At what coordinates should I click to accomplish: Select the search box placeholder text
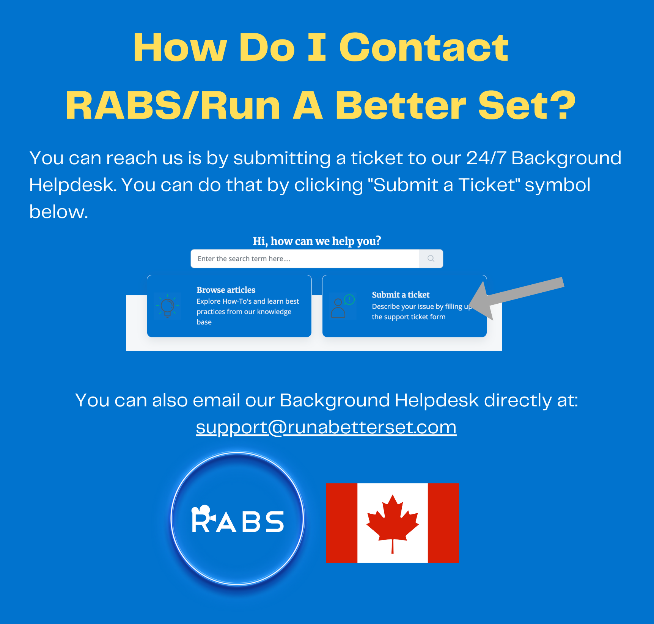[244, 259]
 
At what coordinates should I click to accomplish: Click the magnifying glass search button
[431, 259]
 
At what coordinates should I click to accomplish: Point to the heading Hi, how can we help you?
[317, 241]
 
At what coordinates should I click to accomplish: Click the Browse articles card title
[226, 290]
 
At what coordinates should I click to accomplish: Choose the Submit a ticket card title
[401, 295]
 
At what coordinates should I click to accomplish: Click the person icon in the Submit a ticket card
[338, 308]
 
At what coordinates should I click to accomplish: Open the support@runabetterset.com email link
[326, 427]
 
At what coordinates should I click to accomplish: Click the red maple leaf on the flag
[393, 519]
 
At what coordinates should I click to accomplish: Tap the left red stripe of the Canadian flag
[341, 523]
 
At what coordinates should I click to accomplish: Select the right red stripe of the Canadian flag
[443, 523]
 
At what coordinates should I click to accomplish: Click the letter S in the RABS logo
[274, 522]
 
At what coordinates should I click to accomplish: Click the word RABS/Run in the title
[173, 106]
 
